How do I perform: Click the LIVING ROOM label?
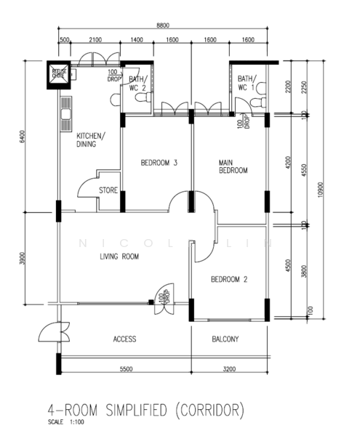click(x=119, y=257)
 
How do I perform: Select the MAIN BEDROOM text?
click(x=233, y=166)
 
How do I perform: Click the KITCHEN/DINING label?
click(x=91, y=140)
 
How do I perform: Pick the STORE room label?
click(x=109, y=190)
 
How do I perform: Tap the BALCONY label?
click(x=227, y=339)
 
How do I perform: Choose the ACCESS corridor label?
click(x=124, y=339)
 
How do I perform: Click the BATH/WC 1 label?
click(x=245, y=83)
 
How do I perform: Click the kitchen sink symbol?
click(x=65, y=109)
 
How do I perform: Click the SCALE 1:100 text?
click(x=65, y=421)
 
